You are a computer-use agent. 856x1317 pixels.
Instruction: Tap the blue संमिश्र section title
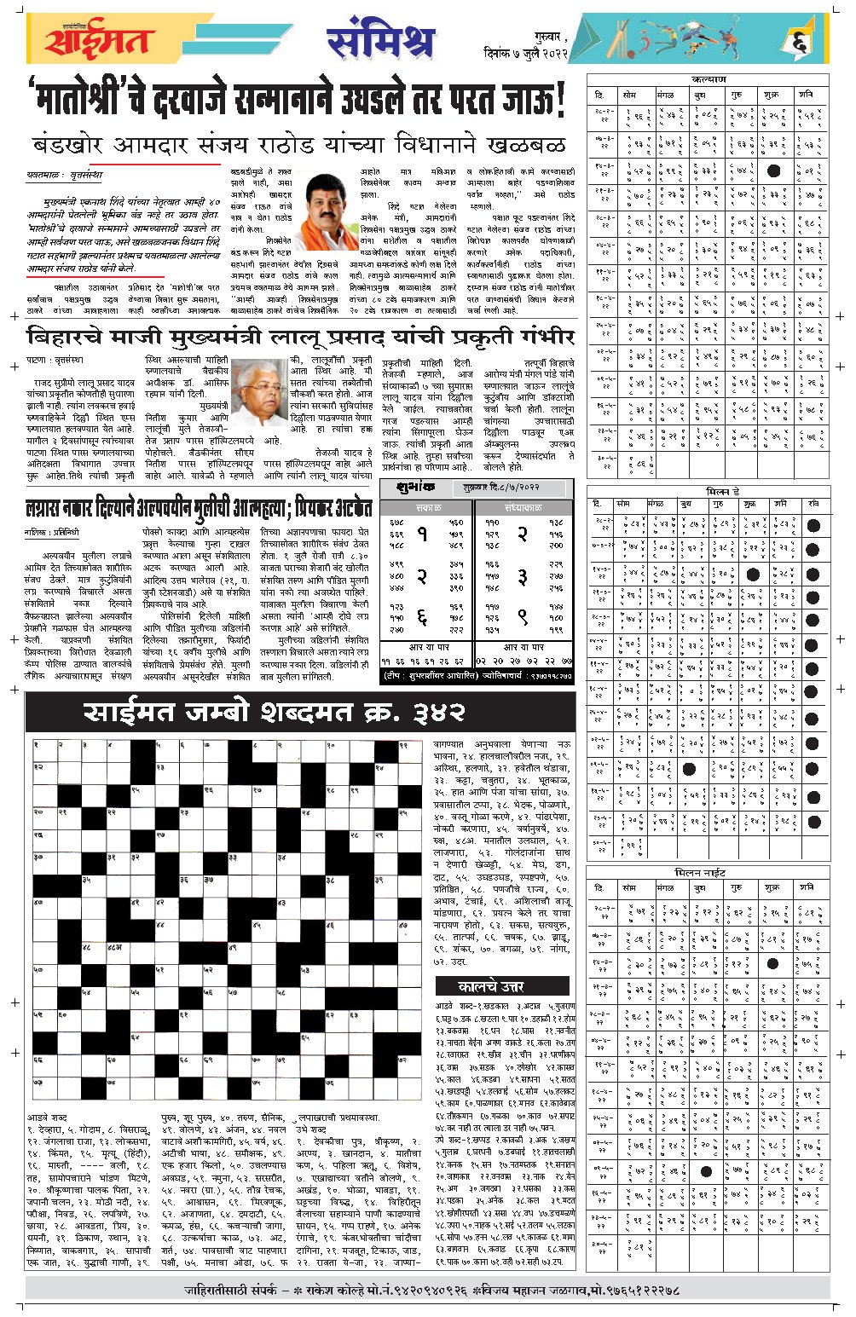coord(380,40)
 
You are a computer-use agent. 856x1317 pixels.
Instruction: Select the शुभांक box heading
coord(417,488)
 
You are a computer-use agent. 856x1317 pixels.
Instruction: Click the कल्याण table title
coord(709,79)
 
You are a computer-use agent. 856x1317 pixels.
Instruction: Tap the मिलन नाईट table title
coord(708,874)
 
